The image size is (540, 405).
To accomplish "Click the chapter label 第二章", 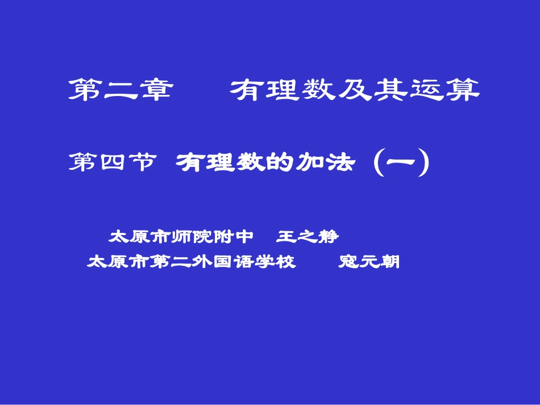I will click(120, 90).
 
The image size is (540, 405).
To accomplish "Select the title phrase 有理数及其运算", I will click(355, 90).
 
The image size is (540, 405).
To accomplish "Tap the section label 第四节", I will click(112, 163).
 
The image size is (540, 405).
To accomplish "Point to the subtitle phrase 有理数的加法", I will click(265, 163).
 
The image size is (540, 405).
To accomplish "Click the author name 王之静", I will click(308, 236).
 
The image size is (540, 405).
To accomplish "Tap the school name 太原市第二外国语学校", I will click(192, 262).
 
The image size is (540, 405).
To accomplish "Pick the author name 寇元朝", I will click(369, 262).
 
